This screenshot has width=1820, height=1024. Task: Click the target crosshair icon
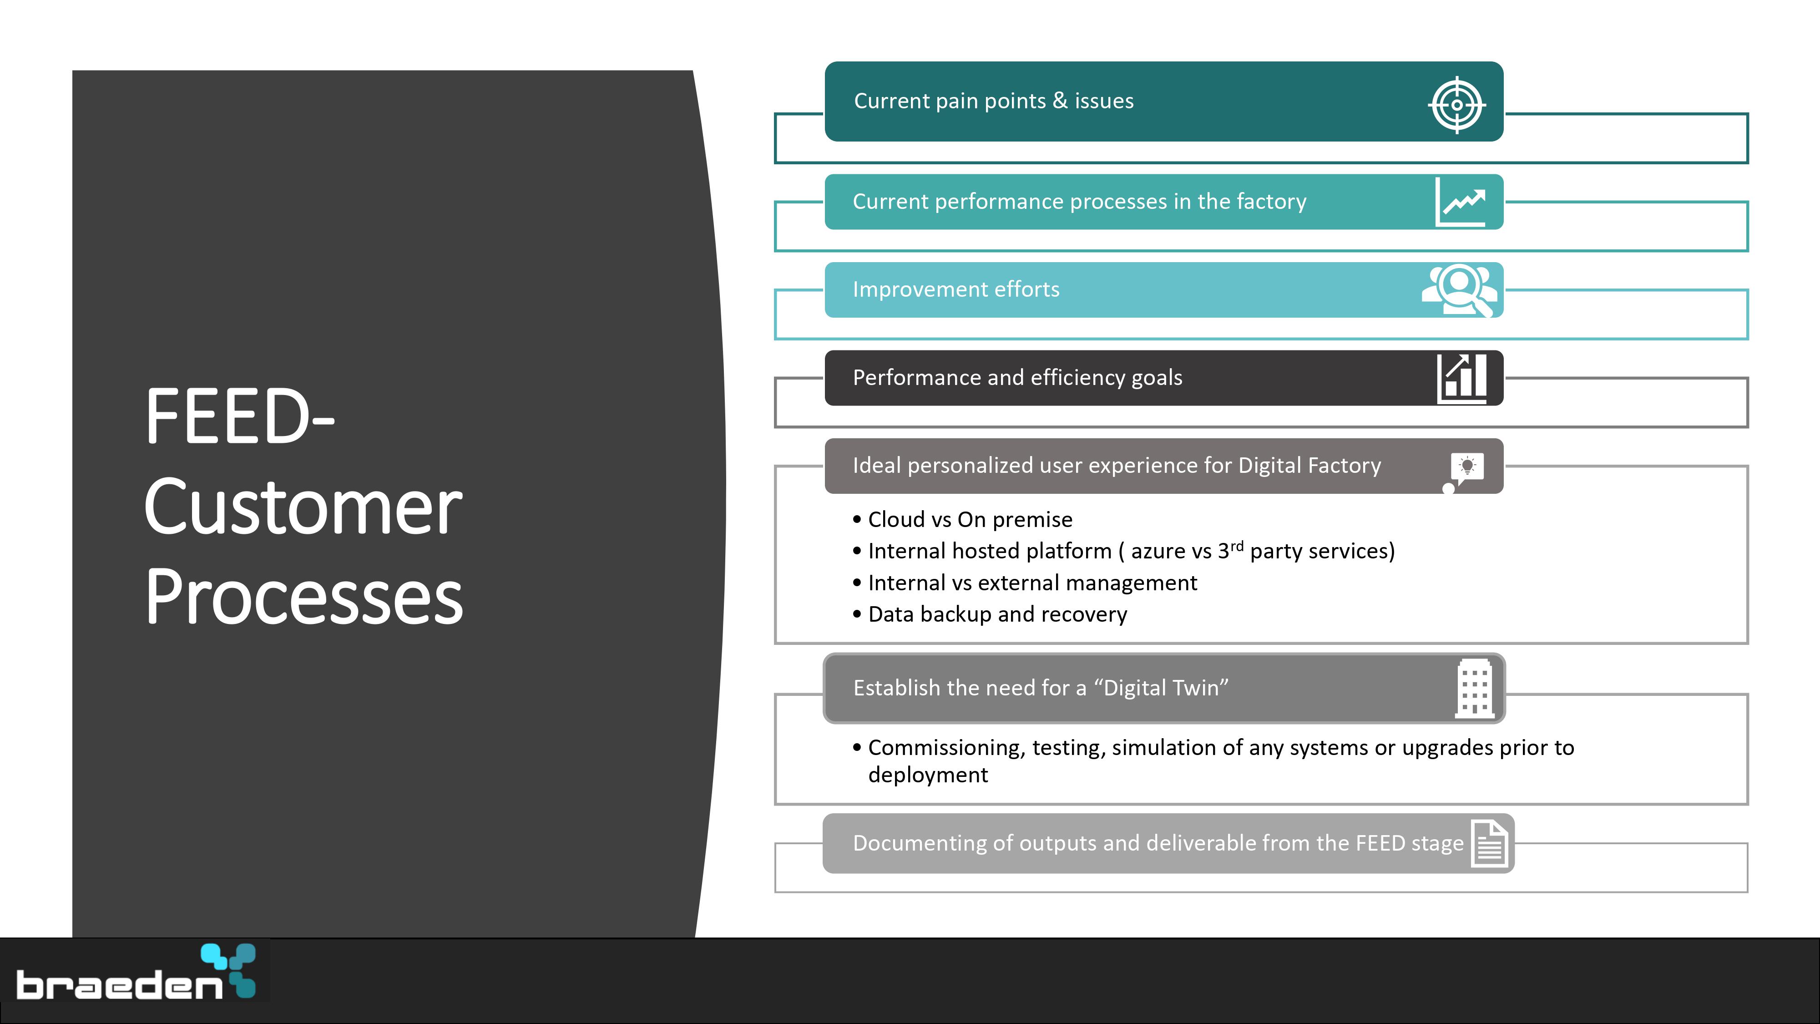[x=1457, y=105]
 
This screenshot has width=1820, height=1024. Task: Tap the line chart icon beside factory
[x=1461, y=202]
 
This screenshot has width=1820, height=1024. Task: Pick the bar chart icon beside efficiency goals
[x=1462, y=379]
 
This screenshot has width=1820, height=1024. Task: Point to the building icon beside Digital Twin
[x=1475, y=688]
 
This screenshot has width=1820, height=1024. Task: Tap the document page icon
[x=1489, y=843]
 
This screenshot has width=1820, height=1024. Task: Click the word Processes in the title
[x=304, y=597]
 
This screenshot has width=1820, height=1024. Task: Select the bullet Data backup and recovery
[x=990, y=614]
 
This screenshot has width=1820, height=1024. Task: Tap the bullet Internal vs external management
[x=1025, y=583]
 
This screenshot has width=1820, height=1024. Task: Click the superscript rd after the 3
[x=1236, y=546]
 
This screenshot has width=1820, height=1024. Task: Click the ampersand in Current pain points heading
[x=1060, y=100]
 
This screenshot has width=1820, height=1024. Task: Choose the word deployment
[x=928, y=775]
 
